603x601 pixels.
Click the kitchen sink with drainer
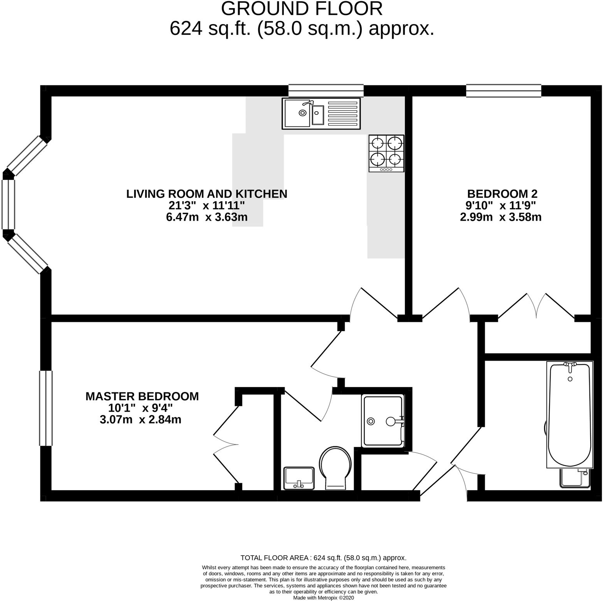[x=321, y=113]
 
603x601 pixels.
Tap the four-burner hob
[x=386, y=153]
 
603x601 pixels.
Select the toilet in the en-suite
[x=335, y=468]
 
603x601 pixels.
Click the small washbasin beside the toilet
[x=299, y=478]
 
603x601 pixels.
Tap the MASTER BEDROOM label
[x=142, y=396]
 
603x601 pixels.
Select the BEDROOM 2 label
[x=502, y=193]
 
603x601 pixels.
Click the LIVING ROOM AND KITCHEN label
[x=207, y=194]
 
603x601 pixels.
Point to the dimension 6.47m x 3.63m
[x=207, y=217]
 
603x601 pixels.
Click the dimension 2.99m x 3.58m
[x=501, y=217]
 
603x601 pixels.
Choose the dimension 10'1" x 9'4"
[x=140, y=408]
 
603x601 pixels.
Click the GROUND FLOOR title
[x=302, y=9]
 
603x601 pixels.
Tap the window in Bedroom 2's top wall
[x=503, y=91]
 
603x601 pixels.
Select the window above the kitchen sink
[x=326, y=91]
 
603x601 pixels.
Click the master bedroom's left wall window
[x=46, y=408]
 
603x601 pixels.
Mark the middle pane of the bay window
[x=8, y=204]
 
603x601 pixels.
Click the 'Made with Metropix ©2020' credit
[x=323, y=598]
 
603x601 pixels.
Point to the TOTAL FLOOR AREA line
[x=323, y=558]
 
